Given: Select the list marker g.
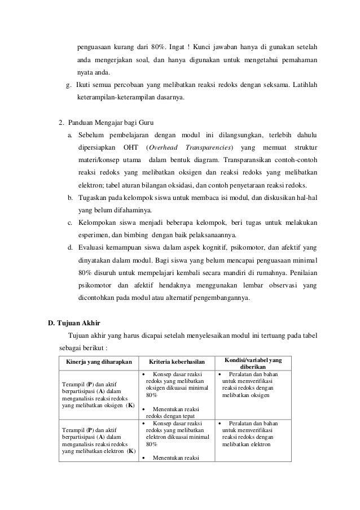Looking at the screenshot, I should pyautogui.click(x=68, y=85).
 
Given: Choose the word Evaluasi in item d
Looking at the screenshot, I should pyautogui.click(x=92, y=248).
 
